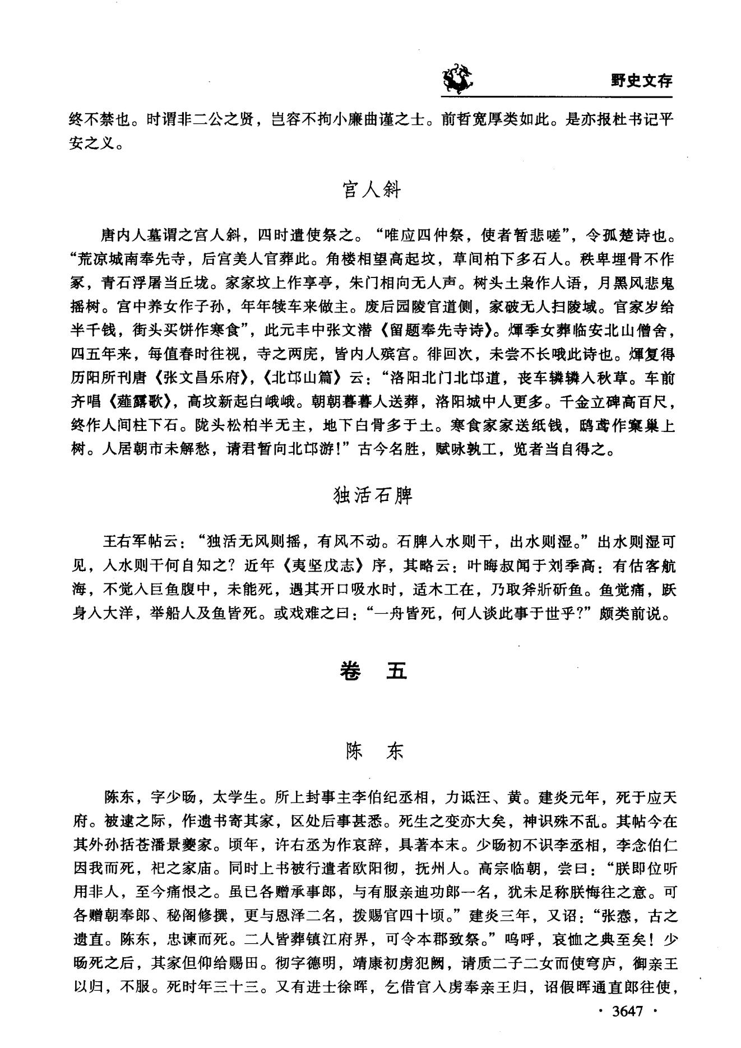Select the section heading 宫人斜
pyautogui.click(x=371, y=190)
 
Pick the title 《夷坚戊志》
pyautogui.click(x=327, y=567)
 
